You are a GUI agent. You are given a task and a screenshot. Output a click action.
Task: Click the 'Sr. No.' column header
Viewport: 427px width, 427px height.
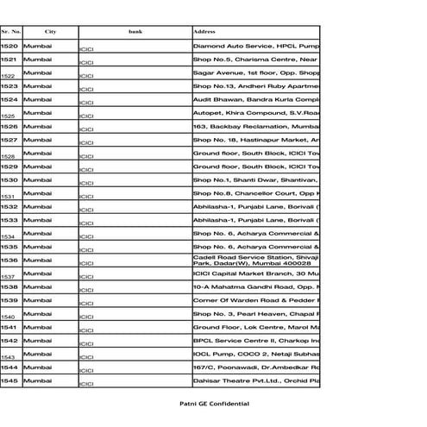[x=11, y=31]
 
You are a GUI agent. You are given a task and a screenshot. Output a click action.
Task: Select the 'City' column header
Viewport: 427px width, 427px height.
[x=51, y=31]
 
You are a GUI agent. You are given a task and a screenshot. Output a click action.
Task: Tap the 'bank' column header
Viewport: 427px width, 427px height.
[x=135, y=31]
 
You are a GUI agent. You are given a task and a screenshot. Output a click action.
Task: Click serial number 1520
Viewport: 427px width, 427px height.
[x=9, y=45]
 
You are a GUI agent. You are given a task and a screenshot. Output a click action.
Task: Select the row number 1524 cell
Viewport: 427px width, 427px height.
[x=9, y=99]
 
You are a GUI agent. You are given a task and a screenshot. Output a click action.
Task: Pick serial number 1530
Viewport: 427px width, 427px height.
[x=9, y=179]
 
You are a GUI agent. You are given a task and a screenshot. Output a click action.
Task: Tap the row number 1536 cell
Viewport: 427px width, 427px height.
[x=9, y=260]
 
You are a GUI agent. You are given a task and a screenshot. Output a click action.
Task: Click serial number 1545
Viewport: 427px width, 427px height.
[x=9, y=380]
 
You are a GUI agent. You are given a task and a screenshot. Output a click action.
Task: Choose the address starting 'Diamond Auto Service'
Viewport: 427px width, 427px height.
[x=256, y=45]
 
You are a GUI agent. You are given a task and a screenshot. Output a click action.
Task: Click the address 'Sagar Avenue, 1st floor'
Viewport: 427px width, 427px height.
[x=256, y=72]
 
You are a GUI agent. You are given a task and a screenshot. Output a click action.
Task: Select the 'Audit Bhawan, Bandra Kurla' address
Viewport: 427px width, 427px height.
[x=256, y=99]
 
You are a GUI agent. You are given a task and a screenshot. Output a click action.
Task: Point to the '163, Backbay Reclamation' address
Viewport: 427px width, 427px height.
[x=256, y=126]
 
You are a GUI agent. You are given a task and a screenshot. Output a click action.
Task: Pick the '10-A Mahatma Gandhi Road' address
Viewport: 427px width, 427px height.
[x=256, y=286]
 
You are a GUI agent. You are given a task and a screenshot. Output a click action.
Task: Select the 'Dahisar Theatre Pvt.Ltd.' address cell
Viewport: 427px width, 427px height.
[x=256, y=380]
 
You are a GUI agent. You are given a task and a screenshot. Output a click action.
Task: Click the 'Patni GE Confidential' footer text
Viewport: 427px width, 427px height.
[x=211, y=404]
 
